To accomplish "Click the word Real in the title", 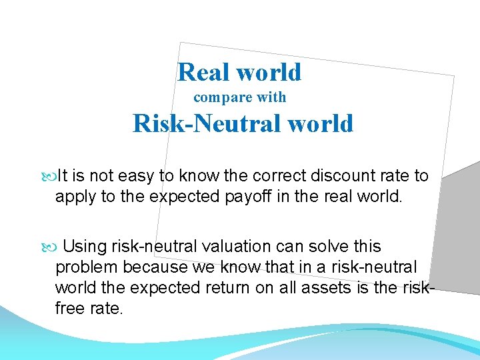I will [201, 72].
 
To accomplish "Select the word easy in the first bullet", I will [137, 176].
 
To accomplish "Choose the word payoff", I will [267, 197].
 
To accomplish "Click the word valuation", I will [232, 247].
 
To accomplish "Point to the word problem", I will [83, 268].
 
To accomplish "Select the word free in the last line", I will [71, 309].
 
